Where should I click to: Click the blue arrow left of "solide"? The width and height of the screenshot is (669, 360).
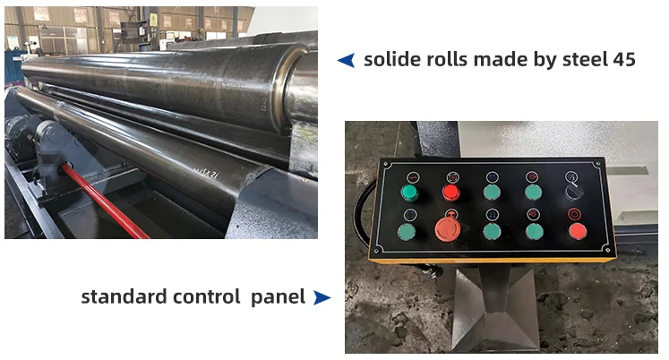(346, 60)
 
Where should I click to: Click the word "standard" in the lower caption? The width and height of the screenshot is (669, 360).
(125, 296)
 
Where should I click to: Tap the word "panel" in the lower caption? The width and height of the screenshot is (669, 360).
(280, 296)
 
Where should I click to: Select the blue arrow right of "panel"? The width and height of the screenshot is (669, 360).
(322, 296)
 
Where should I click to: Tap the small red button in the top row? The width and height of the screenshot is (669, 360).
(450, 192)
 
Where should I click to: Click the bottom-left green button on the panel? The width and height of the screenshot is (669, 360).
(408, 232)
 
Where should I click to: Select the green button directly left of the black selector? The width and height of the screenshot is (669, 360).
(533, 192)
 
